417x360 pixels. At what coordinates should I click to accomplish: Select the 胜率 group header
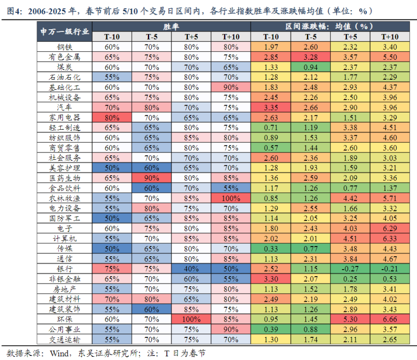coord(171,27)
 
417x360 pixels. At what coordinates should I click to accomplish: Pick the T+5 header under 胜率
coord(191,37)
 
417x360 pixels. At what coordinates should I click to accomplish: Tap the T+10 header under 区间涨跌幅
coord(390,37)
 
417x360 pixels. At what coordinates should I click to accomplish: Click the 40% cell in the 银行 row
coord(191,269)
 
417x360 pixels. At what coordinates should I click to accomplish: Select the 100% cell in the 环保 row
coord(191,319)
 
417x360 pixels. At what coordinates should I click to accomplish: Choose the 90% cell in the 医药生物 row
coord(152,178)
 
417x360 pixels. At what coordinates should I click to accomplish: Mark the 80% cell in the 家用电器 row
coord(112,118)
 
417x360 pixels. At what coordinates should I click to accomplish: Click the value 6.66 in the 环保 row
coord(390,319)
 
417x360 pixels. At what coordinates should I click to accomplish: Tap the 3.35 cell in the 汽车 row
coord(271,107)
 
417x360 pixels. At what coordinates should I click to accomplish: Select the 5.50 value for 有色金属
coord(390,57)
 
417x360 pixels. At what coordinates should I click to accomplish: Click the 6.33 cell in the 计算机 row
coord(390,239)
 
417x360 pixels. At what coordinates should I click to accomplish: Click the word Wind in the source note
coord(55,353)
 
